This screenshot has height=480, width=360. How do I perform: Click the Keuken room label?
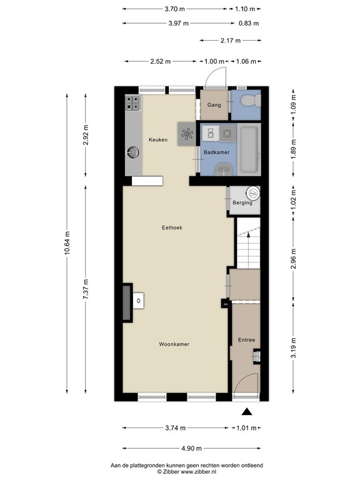[158, 140]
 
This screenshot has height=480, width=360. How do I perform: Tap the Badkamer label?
[217, 152]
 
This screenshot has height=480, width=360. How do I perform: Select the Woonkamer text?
[174, 344]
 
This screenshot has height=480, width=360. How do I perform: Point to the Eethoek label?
[172, 227]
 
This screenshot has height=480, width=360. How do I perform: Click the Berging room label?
[242, 202]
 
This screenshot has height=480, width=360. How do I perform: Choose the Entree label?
[246, 340]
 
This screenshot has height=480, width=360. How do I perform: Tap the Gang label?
[214, 105]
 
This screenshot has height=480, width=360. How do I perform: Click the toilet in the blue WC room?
[251, 101]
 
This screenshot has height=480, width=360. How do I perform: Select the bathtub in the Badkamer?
[249, 149]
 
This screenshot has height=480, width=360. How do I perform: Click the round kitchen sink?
[133, 152]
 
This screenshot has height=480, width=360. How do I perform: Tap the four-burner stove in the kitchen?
[133, 103]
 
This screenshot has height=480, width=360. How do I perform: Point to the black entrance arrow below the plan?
[247, 412]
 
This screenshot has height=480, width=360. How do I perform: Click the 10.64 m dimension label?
[67, 242]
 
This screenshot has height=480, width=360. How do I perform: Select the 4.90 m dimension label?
[192, 449]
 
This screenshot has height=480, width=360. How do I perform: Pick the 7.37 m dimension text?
[86, 289]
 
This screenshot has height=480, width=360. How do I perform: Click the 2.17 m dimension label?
[231, 41]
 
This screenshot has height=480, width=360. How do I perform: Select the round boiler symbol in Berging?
[253, 193]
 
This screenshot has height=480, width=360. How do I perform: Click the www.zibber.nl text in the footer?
[198, 472]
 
